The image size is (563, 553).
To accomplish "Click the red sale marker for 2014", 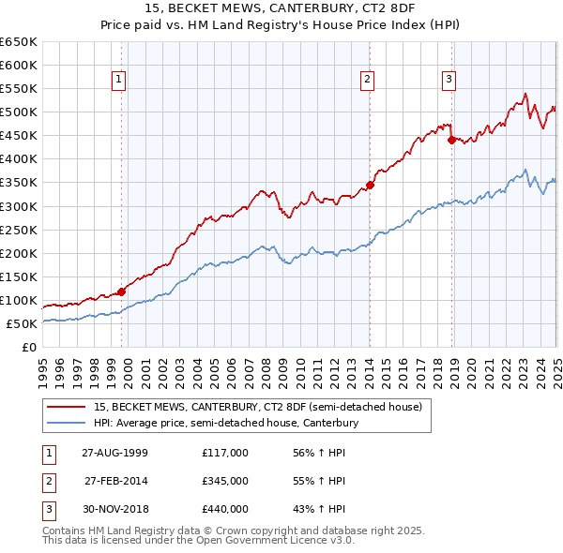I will coord(370,185).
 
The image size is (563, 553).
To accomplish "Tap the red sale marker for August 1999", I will coord(121,291).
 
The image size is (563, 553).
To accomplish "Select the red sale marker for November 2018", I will coord(451,140).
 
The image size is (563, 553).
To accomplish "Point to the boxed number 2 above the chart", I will coord(368,81).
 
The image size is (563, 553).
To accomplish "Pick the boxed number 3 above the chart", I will coord(449,81).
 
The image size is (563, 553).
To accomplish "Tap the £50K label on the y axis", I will coord(22,323).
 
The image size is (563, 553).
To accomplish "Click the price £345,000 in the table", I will coord(225,481).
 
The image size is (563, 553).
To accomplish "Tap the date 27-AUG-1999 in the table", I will coord(115,453).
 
